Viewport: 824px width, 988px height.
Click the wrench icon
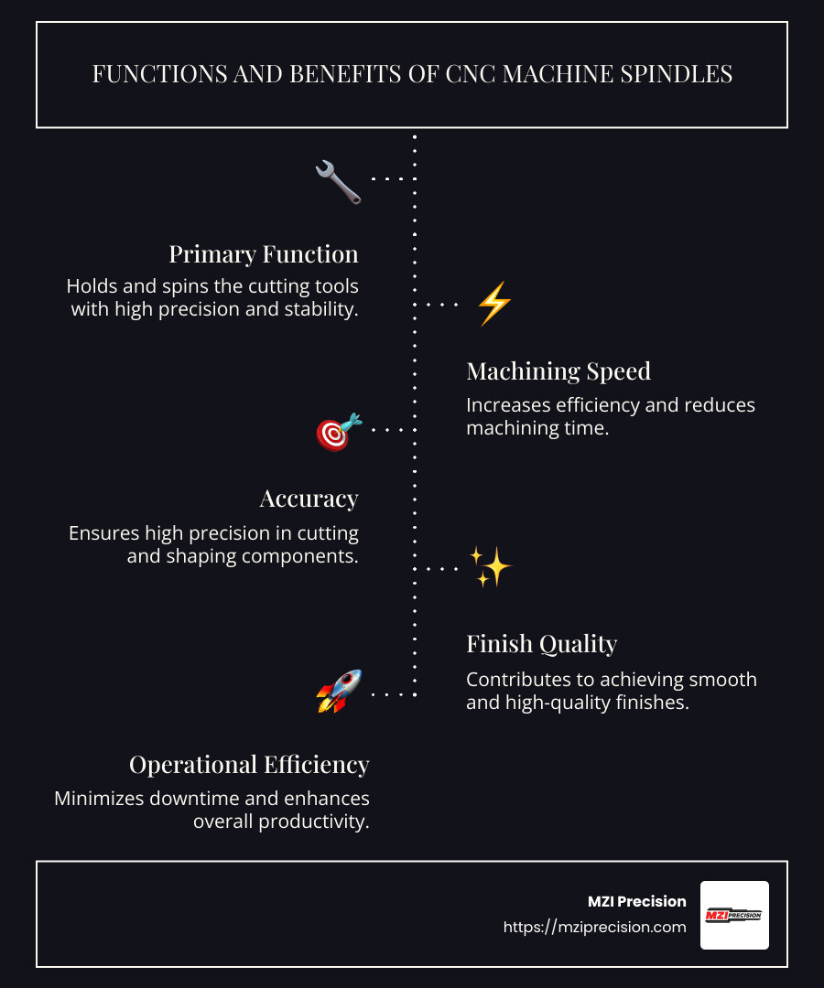click(338, 180)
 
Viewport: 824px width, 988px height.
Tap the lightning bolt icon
click(494, 304)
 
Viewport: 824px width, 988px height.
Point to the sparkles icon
click(491, 567)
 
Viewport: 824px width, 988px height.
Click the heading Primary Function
click(264, 253)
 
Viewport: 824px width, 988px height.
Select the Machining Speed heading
click(558, 371)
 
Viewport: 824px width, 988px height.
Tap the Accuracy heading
click(309, 499)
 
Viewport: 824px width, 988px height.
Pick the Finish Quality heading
click(542, 644)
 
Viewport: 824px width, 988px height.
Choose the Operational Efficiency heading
click(249, 764)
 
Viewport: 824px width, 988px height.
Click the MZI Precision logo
click(734, 915)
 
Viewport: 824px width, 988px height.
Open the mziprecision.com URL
click(595, 927)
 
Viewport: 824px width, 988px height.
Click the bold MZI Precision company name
click(636, 901)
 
